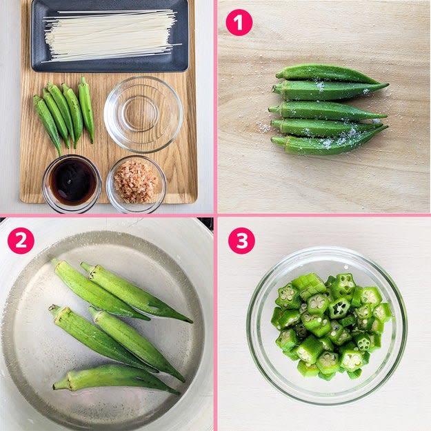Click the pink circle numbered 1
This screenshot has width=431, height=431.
tap(239, 23)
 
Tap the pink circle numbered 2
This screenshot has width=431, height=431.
tap(21, 241)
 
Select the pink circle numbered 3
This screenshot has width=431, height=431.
tap(241, 241)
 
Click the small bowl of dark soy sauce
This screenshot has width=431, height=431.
tap(72, 184)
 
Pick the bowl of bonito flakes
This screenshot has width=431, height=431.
tap(136, 184)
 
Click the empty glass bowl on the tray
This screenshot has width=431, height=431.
tap(143, 114)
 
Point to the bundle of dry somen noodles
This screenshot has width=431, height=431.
tap(110, 36)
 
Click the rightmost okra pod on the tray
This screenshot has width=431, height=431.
tap(86, 110)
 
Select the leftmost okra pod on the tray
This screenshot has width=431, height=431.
tap(47, 123)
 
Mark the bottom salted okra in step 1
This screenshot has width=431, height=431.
tap(327, 143)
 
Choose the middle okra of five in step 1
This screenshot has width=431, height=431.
tap(327, 111)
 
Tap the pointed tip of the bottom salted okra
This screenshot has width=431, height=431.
tap(388, 126)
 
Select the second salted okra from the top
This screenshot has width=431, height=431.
tap(330, 90)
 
